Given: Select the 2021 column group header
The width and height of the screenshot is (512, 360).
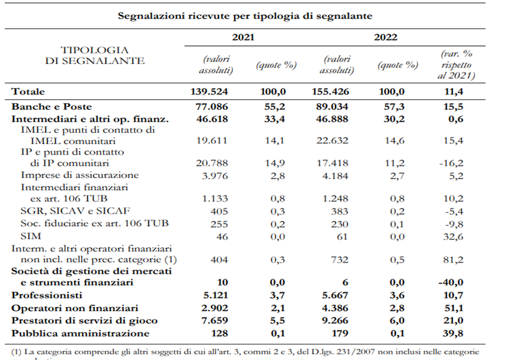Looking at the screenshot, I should click(243, 37).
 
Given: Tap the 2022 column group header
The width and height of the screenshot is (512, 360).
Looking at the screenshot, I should click(385, 37).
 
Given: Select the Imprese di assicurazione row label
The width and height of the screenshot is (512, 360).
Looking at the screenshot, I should click(80, 176).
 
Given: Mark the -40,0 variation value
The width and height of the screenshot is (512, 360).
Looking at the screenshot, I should click(460, 283).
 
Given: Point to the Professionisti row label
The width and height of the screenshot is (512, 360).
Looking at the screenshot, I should click(45, 295).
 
